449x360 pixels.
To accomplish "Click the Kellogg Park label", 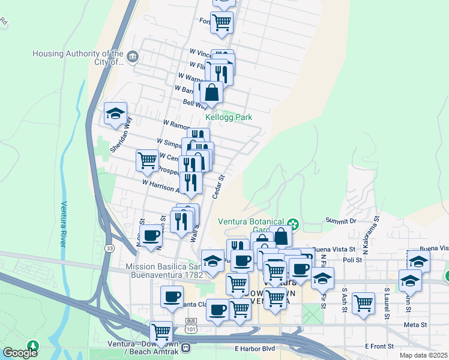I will click(x=229, y=118).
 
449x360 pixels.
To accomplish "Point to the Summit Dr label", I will click(x=341, y=221).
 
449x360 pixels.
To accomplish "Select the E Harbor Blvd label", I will click(x=255, y=348).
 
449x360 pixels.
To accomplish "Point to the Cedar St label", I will click(x=218, y=184).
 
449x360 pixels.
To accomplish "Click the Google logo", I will click(x=20, y=353).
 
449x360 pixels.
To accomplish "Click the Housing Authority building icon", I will click(x=133, y=58).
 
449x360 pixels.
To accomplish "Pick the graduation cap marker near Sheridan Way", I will click(x=115, y=113).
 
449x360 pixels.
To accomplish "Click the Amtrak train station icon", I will click(x=186, y=347).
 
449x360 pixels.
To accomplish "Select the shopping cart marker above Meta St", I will click(x=363, y=303).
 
